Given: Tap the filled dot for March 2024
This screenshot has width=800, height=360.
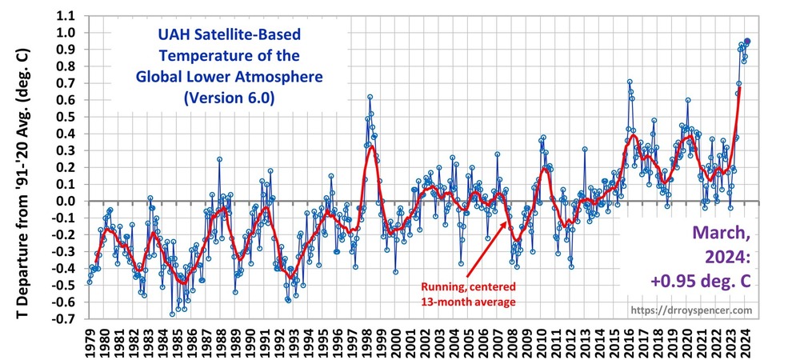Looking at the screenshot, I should (x=747, y=41).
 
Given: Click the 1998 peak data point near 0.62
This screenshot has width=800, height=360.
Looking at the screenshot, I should (x=370, y=97).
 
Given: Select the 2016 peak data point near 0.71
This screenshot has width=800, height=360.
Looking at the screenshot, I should (x=630, y=82).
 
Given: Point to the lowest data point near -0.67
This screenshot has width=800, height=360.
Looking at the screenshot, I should (x=172, y=314).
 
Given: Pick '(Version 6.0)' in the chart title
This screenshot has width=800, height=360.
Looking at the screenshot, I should (x=218, y=99).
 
